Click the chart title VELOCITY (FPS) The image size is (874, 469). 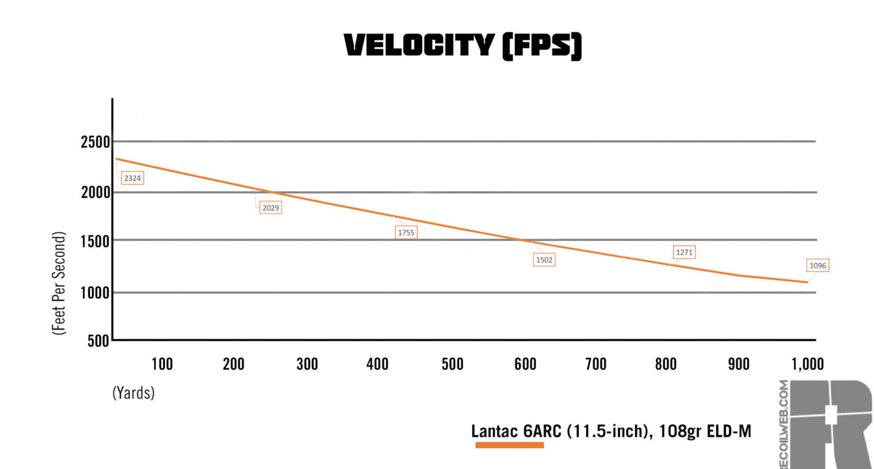pyautogui.click(x=463, y=46)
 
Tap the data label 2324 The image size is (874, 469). pyautogui.click(x=133, y=178)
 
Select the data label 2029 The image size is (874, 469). pyautogui.click(x=270, y=208)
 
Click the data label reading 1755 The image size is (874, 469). pyautogui.click(x=406, y=232)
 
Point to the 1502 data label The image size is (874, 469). pyautogui.click(x=544, y=260)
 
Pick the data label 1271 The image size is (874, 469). pyautogui.click(x=684, y=252)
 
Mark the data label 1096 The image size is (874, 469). pyautogui.click(x=818, y=265)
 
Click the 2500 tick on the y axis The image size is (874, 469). pyautogui.click(x=95, y=142)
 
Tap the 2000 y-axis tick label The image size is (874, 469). pyautogui.click(x=95, y=192)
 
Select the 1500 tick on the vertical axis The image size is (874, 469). pyautogui.click(x=95, y=241)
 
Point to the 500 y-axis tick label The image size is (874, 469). pyautogui.click(x=98, y=341)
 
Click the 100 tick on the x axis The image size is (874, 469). pyautogui.click(x=162, y=364)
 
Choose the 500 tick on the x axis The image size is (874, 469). pyautogui.click(x=452, y=364)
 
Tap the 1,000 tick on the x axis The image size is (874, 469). pyautogui.click(x=807, y=364)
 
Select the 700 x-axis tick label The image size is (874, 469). pyautogui.click(x=596, y=364)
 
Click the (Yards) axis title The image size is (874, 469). pyautogui.click(x=134, y=393)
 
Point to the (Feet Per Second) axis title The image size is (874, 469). pyautogui.click(x=59, y=283)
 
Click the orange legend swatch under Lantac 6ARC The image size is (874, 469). pyautogui.click(x=509, y=445)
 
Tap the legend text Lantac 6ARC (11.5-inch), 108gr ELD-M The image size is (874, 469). pyautogui.click(x=611, y=431)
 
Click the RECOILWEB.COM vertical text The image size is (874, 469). pyautogui.click(x=784, y=424)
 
